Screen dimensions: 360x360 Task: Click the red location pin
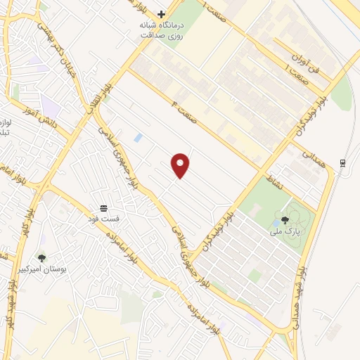tap(181, 165)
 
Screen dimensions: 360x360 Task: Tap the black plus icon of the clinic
tap(162, 13)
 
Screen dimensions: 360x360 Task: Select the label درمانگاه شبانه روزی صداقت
tap(162, 29)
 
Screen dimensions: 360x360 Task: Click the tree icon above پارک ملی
tap(285, 219)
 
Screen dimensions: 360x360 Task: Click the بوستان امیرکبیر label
tap(43, 269)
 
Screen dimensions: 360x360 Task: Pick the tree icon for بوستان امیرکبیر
tap(42, 258)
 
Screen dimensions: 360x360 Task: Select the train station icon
tap(342, 163)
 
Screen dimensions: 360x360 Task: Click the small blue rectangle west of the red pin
tap(138, 138)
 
